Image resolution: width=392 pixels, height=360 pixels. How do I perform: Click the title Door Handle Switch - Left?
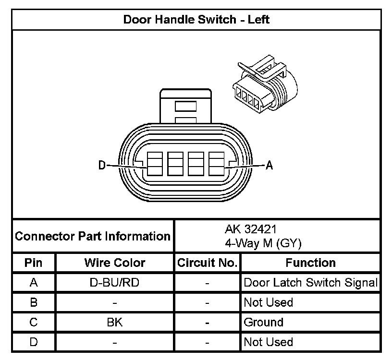pos(196,20)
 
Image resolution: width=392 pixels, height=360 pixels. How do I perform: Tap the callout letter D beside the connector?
pos(102,166)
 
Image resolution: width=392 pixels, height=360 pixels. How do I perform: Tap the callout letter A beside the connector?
pos(269,166)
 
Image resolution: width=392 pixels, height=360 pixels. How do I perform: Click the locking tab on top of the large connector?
pos(185,106)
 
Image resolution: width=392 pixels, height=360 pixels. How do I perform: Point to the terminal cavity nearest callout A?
pos(216,165)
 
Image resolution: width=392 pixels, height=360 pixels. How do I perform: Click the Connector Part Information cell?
pos(93,236)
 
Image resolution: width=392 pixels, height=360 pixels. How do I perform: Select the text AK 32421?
pos(250,229)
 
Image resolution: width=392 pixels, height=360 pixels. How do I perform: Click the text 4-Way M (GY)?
pos(263,243)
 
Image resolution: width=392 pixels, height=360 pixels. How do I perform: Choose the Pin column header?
pos(33,263)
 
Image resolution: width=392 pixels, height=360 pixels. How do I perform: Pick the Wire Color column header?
pos(115,263)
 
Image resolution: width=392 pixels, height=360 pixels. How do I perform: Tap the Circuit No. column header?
pos(207,263)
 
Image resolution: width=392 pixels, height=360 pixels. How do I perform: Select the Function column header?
pos(310,263)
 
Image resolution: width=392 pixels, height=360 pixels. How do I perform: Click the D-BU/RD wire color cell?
pos(114,282)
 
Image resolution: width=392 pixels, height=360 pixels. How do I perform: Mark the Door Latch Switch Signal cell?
pos(310,282)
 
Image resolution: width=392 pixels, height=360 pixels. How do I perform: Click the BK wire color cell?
pos(115,322)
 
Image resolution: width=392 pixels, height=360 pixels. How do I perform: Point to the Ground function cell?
pos(264,322)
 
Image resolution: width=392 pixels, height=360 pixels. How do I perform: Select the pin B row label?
pos(33,302)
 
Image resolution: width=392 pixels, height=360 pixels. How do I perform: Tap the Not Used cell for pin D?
pos(268,342)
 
